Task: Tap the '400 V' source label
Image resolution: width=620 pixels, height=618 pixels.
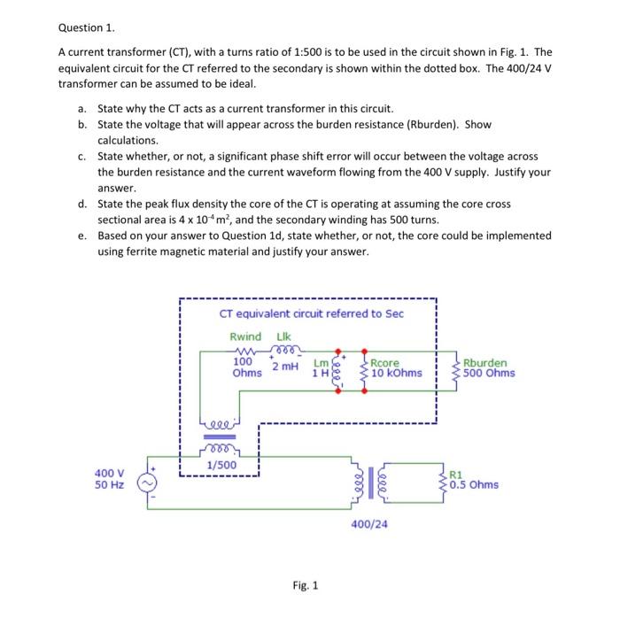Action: [111, 473]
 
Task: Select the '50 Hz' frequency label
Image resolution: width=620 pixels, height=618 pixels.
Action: [111, 485]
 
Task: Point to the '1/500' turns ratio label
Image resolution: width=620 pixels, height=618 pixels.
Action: [221, 465]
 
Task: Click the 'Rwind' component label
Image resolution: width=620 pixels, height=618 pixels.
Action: [245, 336]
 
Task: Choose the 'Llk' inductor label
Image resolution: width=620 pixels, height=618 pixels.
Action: [283, 336]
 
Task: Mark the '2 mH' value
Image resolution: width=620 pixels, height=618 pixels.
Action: [285, 366]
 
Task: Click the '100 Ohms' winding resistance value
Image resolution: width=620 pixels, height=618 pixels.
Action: [246, 367]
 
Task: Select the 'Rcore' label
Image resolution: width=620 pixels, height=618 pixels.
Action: [386, 362]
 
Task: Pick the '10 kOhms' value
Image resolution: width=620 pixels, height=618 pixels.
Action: [396, 373]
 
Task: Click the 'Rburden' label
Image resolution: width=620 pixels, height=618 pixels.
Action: [485, 362]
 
